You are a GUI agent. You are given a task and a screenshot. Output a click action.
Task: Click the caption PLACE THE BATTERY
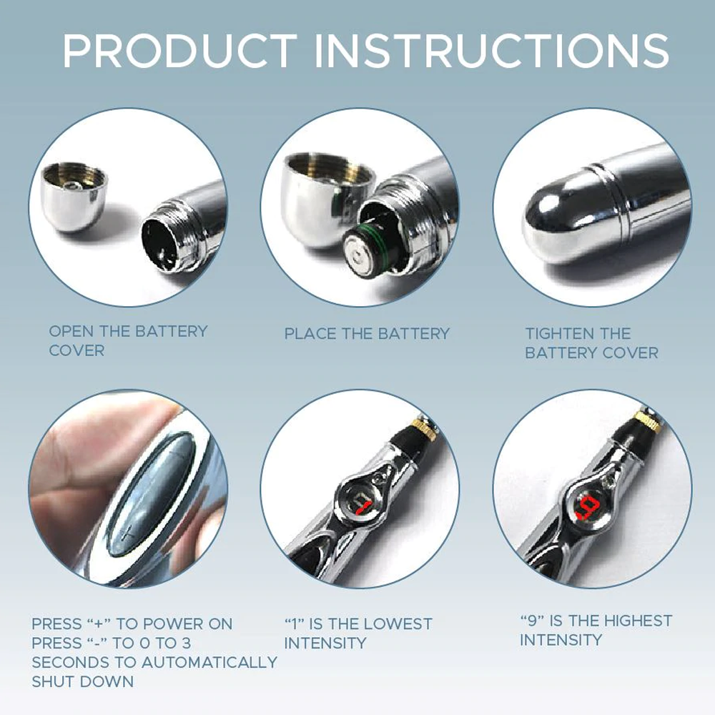[x=367, y=334]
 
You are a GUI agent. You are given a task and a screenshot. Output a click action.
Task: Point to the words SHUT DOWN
[x=82, y=681]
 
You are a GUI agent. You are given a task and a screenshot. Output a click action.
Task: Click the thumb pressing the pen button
[x=79, y=465]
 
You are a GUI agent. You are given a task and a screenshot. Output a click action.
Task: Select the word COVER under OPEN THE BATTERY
[x=77, y=351]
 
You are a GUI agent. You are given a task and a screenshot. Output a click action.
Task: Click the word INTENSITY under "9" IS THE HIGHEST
[x=561, y=640]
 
